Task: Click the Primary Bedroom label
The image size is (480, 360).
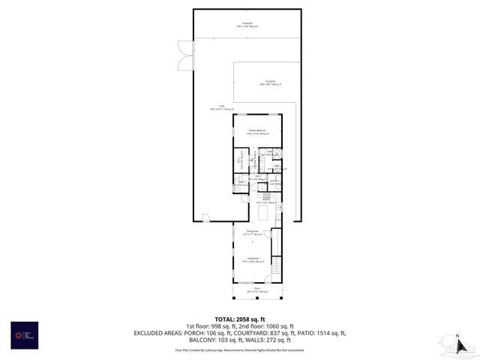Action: [x=259, y=131]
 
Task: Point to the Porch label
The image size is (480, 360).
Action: [x=256, y=289]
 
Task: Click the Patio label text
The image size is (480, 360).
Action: [x=222, y=107]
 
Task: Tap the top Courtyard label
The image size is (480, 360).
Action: [x=247, y=25]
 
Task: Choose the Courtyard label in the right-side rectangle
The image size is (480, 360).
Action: [x=268, y=82]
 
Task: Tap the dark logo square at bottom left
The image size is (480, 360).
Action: [x=23, y=334]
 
